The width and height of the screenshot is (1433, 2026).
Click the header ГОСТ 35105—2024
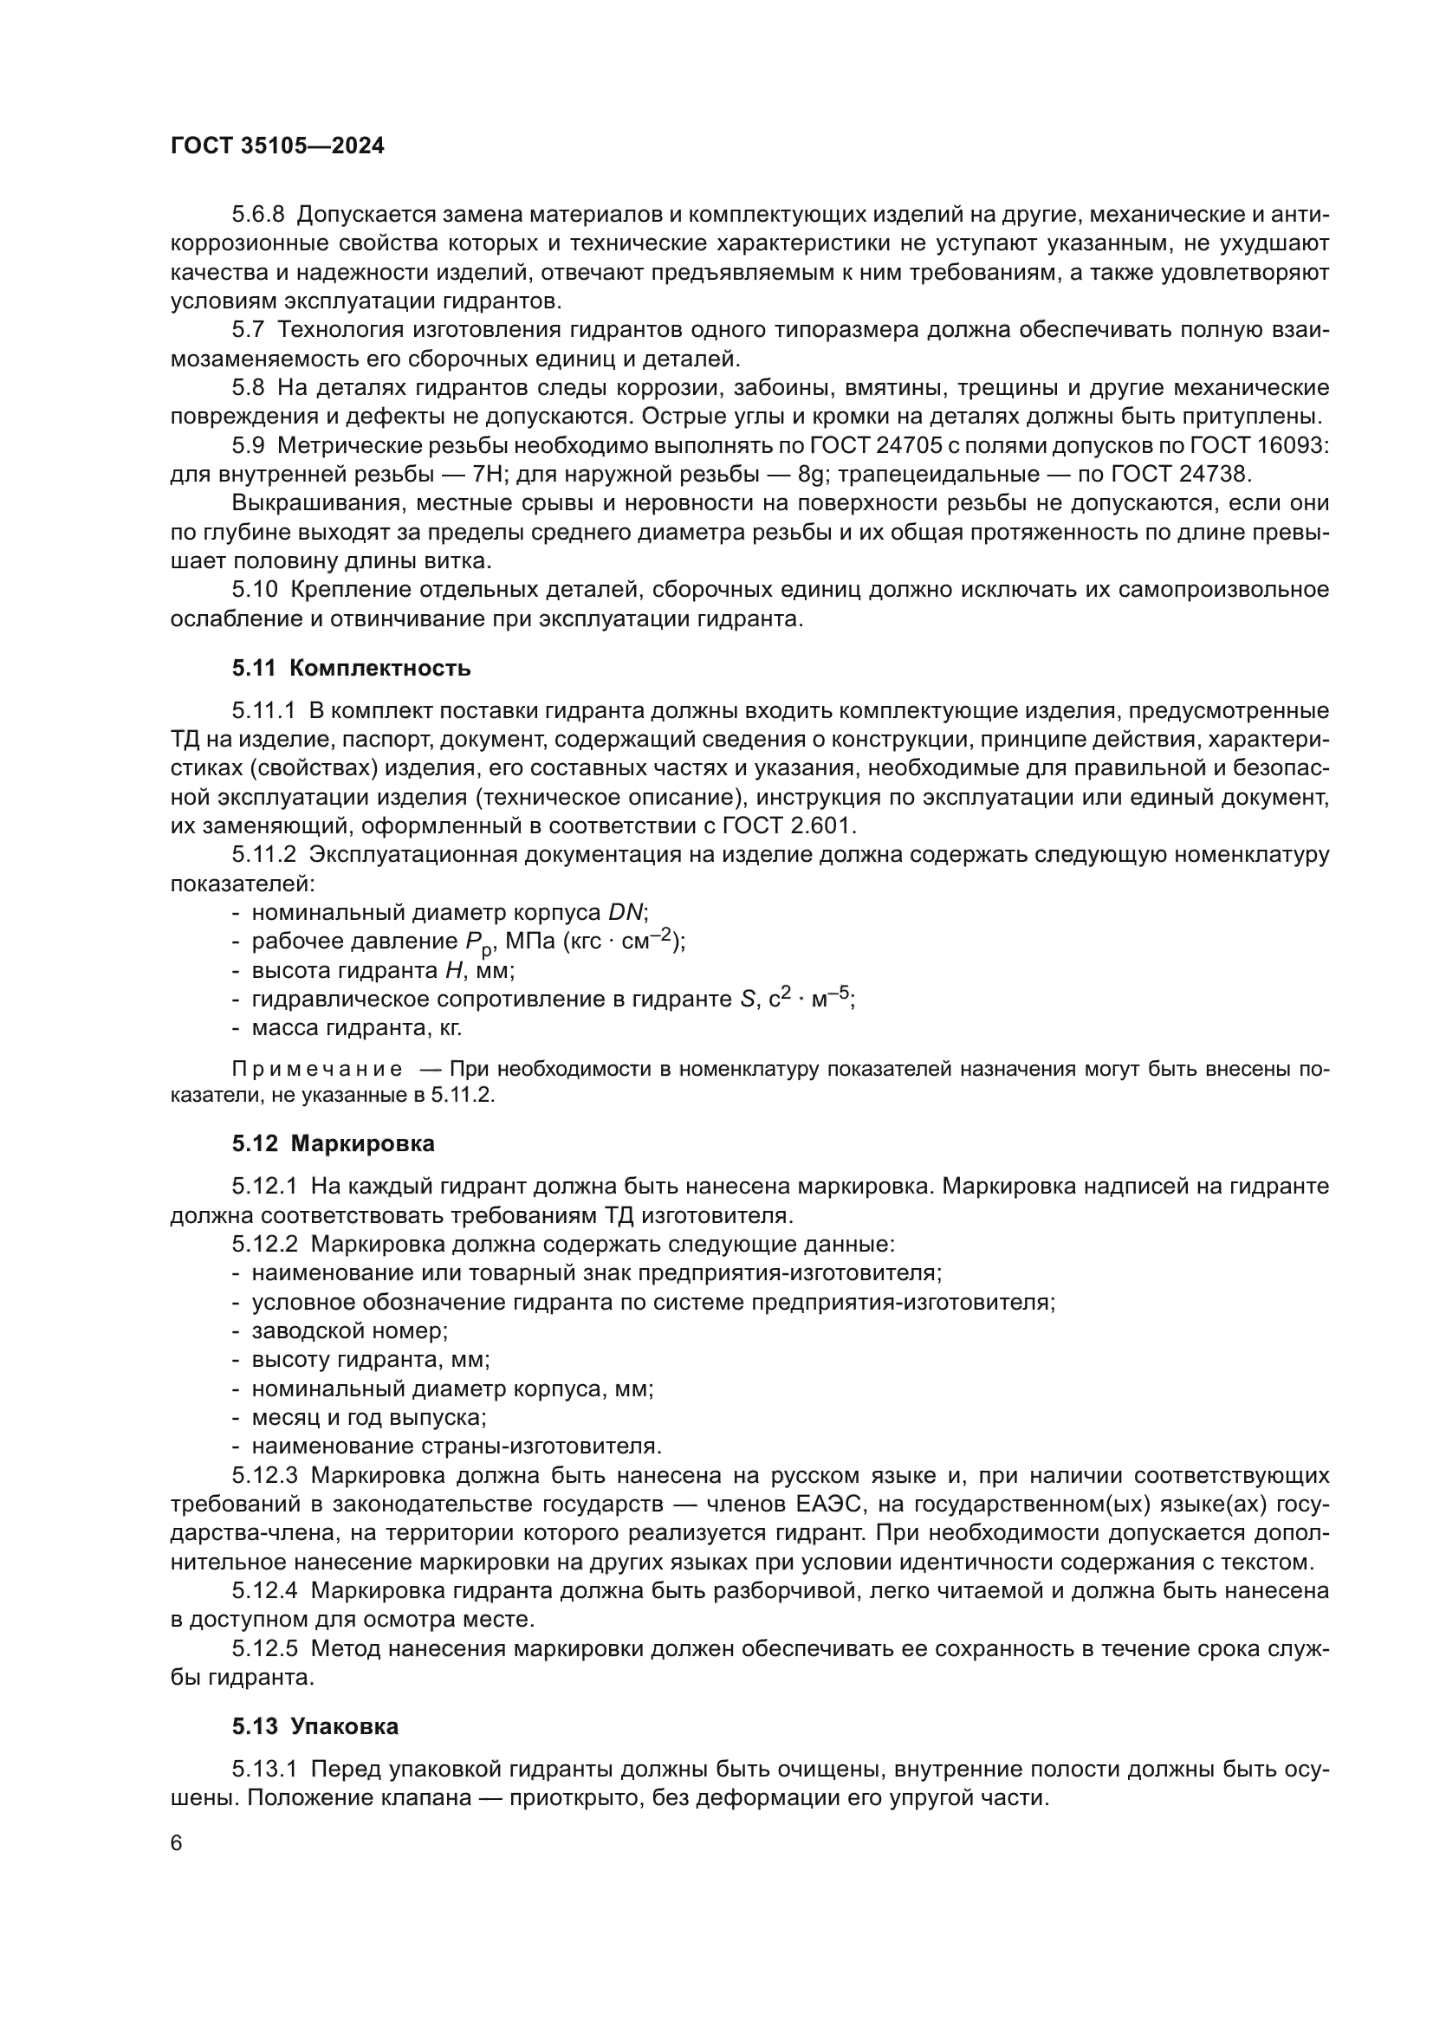click(277, 146)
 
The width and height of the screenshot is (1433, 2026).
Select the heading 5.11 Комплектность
click(351, 669)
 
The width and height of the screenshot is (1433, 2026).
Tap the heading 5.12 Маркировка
click(334, 1144)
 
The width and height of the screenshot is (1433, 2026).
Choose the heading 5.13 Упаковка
click(315, 1727)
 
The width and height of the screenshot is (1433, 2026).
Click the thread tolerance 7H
click(488, 475)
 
